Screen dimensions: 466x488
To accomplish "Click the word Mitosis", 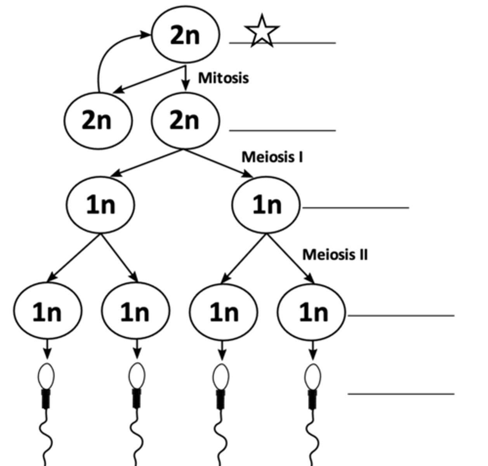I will [223, 78].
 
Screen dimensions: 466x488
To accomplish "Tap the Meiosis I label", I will [272, 157].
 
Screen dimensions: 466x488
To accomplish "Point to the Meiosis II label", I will [335, 255].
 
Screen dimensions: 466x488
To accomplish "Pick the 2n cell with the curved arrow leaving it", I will [98, 120].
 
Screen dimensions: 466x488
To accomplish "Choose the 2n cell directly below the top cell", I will [185, 120].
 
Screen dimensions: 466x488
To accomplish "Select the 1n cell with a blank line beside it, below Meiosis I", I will [266, 205].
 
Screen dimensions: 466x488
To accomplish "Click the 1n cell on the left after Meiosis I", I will [101, 205].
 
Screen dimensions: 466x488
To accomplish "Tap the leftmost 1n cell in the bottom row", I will [47, 311].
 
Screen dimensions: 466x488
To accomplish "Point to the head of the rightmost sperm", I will [313, 376].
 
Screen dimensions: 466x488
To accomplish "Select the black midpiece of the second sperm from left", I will [136, 398].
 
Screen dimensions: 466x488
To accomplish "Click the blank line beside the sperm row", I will [401, 394].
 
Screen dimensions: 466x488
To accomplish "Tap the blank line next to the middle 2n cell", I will [282, 130].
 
